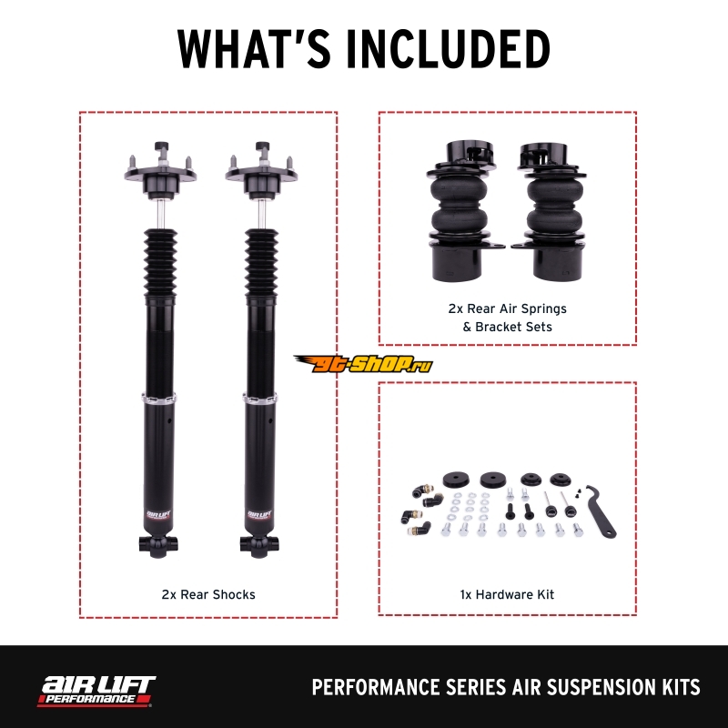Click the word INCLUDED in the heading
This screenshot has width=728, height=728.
(x=449, y=49)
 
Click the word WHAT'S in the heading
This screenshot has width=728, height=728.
(x=254, y=49)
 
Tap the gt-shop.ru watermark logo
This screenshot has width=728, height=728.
(x=363, y=363)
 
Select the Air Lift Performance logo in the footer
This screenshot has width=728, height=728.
(x=96, y=692)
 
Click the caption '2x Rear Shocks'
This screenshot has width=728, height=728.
(x=208, y=594)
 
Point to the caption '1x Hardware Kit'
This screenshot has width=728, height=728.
(x=507, y=594)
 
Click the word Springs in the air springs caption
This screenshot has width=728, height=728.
(x=543, y=309)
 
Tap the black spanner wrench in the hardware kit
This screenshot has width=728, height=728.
(x=601, y=510)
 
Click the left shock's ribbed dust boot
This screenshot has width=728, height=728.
(x=160, y=263)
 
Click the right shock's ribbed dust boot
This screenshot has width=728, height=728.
(x=261, y=263)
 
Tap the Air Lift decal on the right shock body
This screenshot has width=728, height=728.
(x=259, y=515)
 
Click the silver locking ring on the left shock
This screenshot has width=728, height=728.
(x=158, y=399)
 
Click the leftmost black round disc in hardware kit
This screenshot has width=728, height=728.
(x=456, y=480)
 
